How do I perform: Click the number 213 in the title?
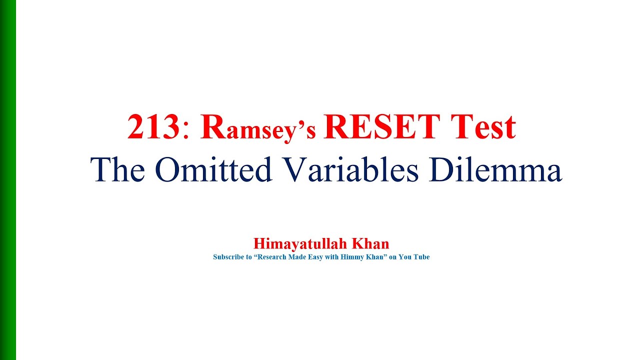pos(153,127)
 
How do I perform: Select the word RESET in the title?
pos(380,127)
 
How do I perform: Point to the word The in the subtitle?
pos(117,169)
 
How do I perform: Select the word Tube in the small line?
pos(421,257)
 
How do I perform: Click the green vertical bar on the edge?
pos(7,180)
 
